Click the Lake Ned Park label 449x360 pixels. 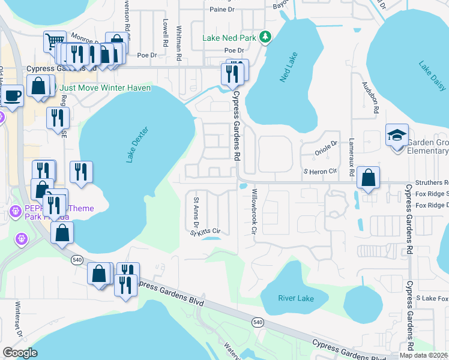229,38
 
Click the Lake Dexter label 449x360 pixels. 136,145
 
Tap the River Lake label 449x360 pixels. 296,298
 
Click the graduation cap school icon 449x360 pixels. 397,135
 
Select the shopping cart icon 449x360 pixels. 55,41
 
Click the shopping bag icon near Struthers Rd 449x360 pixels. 367,178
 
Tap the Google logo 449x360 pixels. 20,353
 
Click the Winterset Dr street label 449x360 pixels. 18,326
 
